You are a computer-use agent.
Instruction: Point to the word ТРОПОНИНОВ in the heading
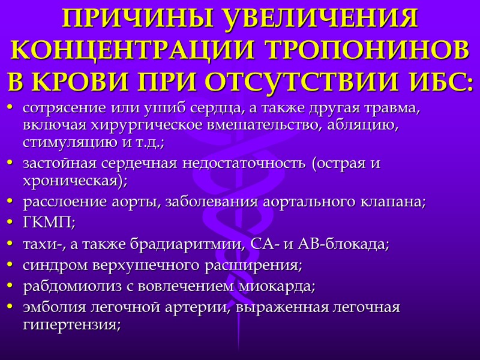click(361, 50)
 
